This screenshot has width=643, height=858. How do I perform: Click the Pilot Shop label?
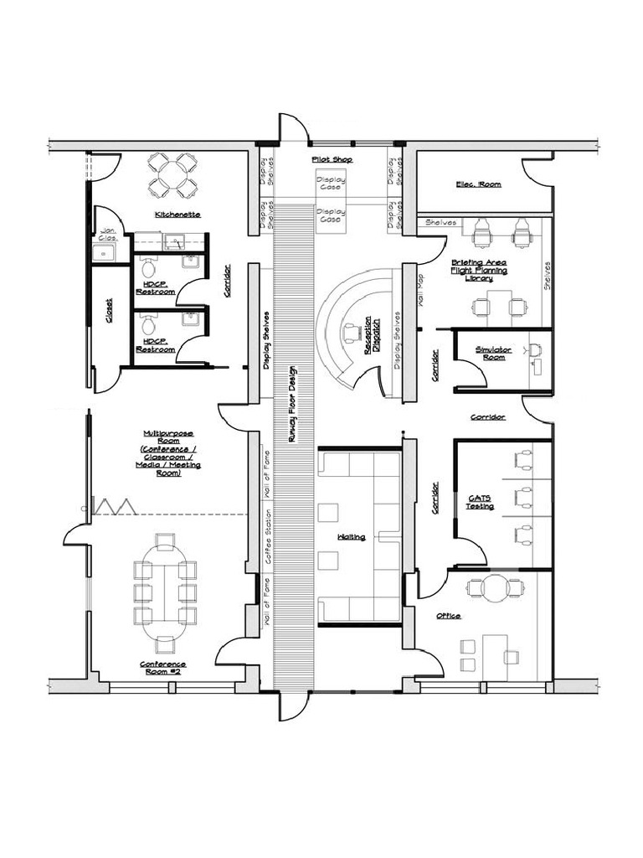pos(332,159)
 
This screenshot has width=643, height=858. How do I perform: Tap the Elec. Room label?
pos(478,183)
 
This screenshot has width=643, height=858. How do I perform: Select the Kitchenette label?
pos(177,214)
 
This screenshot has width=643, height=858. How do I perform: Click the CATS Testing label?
pos(479,502)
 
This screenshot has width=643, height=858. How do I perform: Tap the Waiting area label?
pos(352,536)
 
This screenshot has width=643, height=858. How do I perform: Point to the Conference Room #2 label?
pos(163,668)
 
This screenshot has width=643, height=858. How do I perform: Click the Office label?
pos(448,616)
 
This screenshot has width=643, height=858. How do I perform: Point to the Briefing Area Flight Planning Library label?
pos(491,270)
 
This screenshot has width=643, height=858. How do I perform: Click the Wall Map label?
pos(419,290)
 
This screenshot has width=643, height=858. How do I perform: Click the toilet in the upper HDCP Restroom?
pos(149,269)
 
